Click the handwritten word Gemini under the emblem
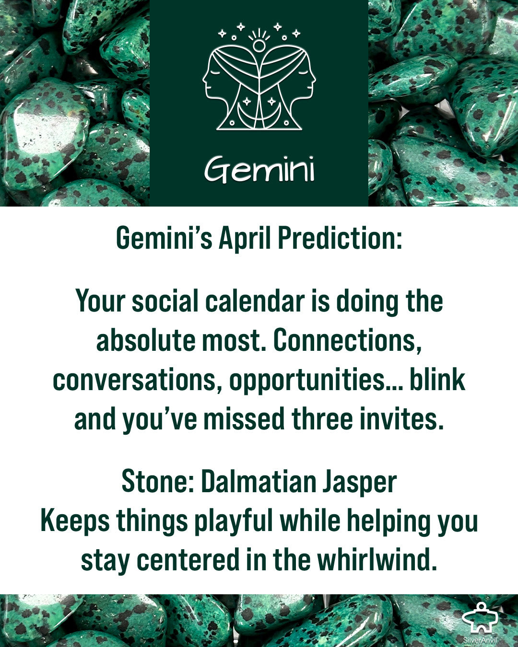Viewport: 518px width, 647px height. click(259, 169)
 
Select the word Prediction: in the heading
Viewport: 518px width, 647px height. click(340, 238)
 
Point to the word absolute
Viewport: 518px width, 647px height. click(146, 340)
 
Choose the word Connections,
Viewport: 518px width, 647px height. click(347, 341)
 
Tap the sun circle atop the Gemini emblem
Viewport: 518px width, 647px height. click(259, 45)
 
